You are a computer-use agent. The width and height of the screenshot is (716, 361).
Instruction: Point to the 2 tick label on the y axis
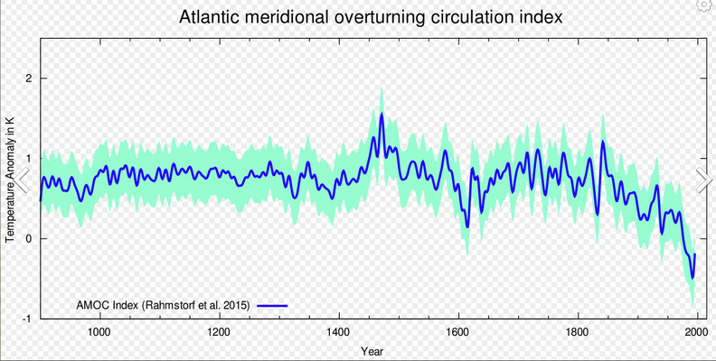[29, 79]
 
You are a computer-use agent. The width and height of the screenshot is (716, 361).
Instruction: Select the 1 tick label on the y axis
[29, 159]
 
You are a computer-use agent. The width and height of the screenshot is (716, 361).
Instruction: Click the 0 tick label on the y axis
[29, 239]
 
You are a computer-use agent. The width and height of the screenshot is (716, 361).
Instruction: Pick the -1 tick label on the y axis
[27, 319]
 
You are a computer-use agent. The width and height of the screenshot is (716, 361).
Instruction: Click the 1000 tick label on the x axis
[99, 331]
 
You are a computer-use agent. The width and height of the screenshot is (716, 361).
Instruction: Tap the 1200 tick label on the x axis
[219, 331]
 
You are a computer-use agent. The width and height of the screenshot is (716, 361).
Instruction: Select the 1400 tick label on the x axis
[339, 331]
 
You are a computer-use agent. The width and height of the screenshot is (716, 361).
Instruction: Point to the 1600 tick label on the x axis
[458, 331]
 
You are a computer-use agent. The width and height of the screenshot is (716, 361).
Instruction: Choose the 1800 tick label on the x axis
[578, 331]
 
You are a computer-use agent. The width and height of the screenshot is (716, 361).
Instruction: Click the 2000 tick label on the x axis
[696, 331]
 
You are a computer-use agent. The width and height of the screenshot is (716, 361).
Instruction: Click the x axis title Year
[371, 350]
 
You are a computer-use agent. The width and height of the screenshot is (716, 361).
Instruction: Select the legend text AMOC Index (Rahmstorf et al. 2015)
[163, 305]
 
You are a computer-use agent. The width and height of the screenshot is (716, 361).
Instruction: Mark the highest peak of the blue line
[382, 115]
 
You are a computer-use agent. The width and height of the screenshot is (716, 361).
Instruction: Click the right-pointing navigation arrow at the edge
[704, 180]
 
